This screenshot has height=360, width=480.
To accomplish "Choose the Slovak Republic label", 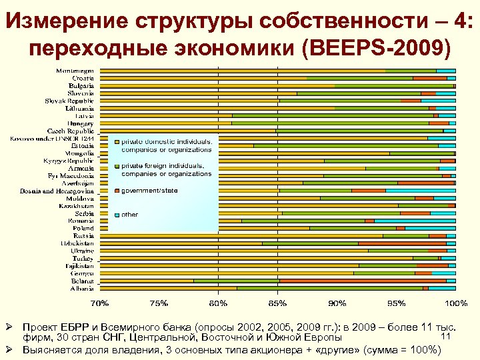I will [x=69, y=100].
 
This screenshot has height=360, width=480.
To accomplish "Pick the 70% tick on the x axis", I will [x=100, y=303].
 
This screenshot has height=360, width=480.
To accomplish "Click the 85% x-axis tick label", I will [x=278, y=303].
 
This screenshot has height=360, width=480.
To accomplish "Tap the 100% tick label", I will [x=456, y=303].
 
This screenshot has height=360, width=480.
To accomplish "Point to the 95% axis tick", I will [x=397, y=303].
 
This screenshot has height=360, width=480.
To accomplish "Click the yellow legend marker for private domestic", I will [x=117, y=142].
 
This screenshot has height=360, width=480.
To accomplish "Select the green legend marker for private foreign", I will [x=117, y=166].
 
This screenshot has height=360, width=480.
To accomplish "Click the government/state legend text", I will [x=149, y=190].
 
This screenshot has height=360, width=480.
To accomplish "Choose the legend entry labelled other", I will [x=129, y=215].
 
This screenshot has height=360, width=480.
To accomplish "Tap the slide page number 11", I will [x=447, y=335].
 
